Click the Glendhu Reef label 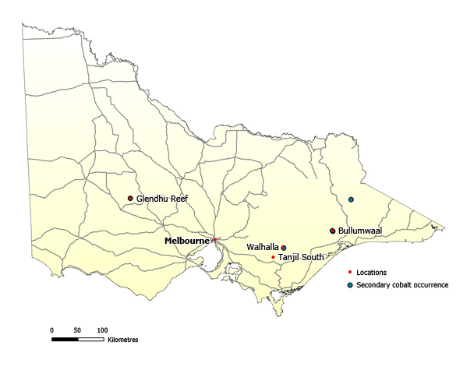162,199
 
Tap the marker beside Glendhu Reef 130,199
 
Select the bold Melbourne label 187,241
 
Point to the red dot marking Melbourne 214,240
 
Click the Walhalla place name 263,247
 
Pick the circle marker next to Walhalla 284,247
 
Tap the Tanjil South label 301,257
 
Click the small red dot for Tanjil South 273,256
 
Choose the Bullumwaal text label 359,231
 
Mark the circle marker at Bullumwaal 333,231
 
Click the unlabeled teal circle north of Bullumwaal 352,200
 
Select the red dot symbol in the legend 350,272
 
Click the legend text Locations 371,272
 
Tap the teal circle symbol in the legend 350,285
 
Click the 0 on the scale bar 51,330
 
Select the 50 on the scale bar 76,330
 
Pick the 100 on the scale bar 101,330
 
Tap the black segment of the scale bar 64,340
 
